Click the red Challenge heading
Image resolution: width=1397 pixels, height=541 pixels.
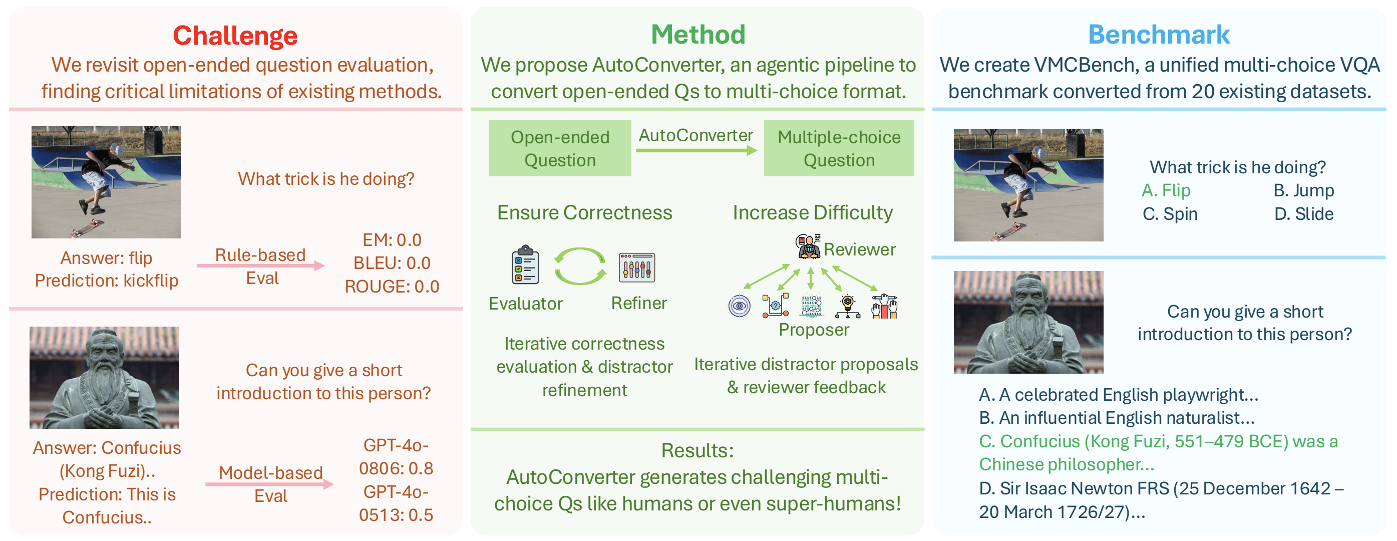(x=235, y=36)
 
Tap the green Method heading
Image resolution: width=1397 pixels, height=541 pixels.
(x=698, y=35)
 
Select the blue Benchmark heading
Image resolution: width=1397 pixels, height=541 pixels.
(x=1159, y=35)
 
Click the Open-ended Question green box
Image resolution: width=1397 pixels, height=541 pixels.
(x=560, y=148)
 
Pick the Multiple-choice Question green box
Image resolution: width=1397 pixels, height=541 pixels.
(x=839, y=148)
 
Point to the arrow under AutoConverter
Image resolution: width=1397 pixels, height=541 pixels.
(x=696, y=150)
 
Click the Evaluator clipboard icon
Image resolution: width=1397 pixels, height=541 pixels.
(x=525, y=265)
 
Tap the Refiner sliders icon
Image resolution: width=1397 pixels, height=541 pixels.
(x=637, y=267)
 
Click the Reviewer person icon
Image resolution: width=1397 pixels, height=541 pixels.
(x=809, y=246)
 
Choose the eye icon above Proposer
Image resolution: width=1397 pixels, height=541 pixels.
(x=739, y=306)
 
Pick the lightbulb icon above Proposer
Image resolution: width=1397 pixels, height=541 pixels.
(x=847, y=306)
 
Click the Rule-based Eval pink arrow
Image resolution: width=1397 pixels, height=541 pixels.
(x=261, y=265)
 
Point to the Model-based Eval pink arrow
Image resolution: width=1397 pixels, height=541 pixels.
(x=269, y=484)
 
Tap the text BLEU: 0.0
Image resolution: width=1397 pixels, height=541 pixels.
(x=392, y=263)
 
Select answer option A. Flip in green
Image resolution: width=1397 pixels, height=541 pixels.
(x=1166, y=190)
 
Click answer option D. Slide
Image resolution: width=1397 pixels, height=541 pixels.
(x=1304, y=214)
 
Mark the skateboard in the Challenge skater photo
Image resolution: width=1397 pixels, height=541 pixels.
(x=86, y=228)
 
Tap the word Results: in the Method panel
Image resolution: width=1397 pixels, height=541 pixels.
(x=697, y=450)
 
